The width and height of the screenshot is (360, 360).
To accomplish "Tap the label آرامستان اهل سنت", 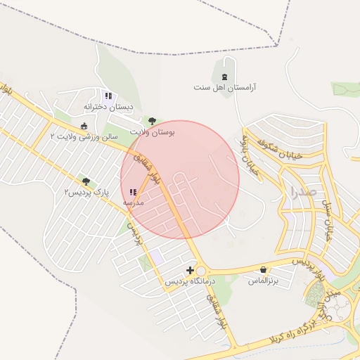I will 225,88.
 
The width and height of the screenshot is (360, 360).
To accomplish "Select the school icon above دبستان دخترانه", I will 108,96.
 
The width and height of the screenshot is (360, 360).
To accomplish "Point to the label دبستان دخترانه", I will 108,107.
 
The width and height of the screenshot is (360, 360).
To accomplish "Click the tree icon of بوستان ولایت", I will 152,121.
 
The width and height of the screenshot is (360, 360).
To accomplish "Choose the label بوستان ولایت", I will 153,131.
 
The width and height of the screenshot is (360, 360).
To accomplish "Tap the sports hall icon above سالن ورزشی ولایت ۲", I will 84,126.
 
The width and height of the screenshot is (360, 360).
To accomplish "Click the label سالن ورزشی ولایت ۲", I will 84,136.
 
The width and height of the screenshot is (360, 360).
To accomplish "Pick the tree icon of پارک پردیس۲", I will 86,181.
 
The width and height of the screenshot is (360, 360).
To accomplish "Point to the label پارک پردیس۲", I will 86,192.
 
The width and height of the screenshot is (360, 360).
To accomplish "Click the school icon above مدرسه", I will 134,192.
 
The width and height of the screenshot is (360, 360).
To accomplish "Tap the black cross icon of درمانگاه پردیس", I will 190,270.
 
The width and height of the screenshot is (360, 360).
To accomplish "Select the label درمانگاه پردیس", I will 190,281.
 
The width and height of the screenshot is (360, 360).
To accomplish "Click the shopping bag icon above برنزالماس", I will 263,269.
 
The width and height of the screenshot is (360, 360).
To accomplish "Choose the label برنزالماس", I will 263,281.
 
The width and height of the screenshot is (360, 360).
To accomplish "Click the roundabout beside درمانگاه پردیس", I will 202,271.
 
